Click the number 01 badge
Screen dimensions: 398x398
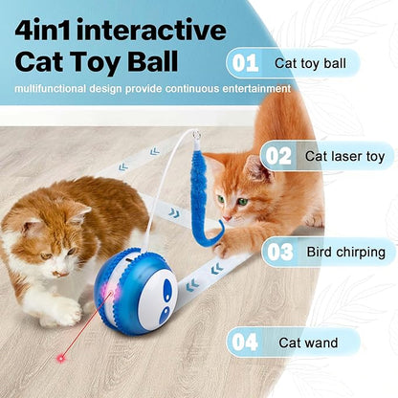pyautogui.click(x=245, y=63)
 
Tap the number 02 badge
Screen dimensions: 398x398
pyautogui.click(x=278, y=156)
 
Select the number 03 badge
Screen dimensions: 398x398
pyautogui.click(x=280, y=253)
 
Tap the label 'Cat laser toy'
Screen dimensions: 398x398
pyautogui.click(x=343, y=156)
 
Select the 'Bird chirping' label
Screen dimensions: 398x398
pyautogui.click(x=345, y=253)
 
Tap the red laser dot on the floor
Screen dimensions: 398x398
pyautogui.click(x=60, y=358)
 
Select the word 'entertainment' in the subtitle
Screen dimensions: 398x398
pyautogui.click(x=250, y=88)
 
